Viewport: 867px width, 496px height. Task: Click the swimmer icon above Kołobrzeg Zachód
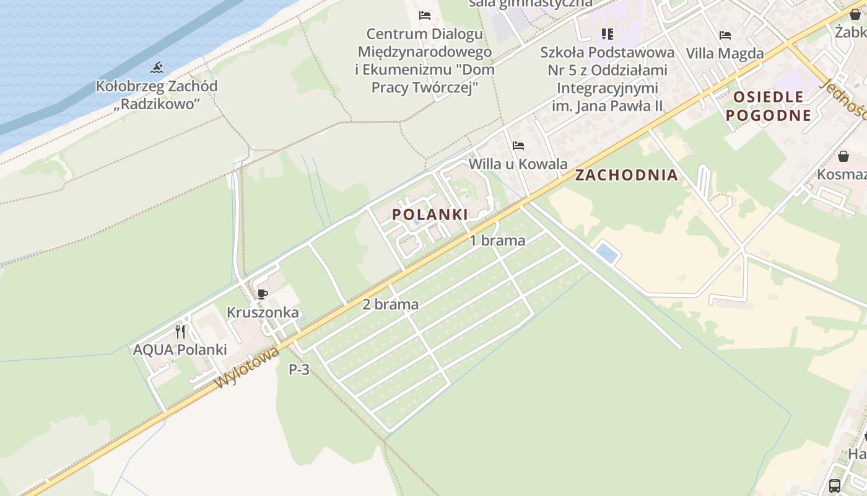coord(157,68)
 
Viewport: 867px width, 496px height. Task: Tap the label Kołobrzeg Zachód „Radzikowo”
coord(157,94)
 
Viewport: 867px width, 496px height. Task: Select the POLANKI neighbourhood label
coord(430,215)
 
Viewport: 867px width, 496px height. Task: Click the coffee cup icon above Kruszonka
coord(263,294)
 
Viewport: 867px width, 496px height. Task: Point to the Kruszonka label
coord(263,312)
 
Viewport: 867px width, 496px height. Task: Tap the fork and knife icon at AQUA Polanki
coord(180,331)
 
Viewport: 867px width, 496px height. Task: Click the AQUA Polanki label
coord(180,350)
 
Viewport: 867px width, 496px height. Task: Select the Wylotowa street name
coord(247,368)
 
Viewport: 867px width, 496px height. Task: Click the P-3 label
coord(299,370)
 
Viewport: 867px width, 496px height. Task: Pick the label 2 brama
coord(390,304)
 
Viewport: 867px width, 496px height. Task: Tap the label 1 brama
coord(497,241)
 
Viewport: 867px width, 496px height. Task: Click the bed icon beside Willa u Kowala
coord(518,146)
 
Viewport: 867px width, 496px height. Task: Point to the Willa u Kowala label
coord(518,164)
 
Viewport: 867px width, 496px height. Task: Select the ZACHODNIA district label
coord(626,175)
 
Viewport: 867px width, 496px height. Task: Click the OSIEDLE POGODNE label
coord(769,106)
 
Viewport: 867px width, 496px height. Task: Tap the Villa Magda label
coord(725,53)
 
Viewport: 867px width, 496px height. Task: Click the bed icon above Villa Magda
coord(725,35)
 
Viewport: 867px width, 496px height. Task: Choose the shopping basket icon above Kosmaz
coord(843,156)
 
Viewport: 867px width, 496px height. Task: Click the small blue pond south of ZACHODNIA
coord(606,252)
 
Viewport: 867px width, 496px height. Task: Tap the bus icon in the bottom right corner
coord(835,485)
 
